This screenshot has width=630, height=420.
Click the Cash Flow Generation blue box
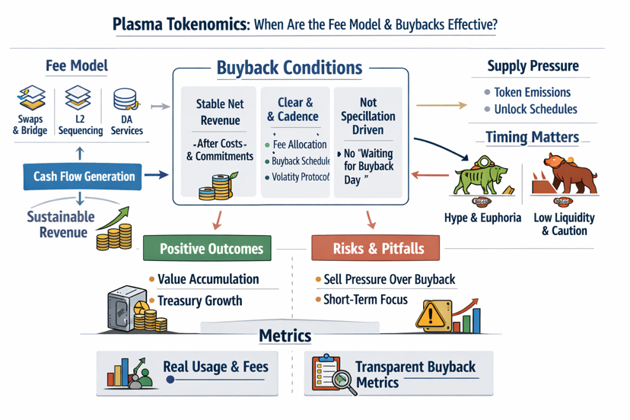point(84,177)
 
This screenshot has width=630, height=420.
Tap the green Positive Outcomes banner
point(211,249)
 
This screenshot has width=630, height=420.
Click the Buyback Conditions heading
point(289,68)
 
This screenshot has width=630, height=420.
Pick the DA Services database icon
point(125,100)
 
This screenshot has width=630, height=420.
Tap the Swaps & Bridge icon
point(31,100)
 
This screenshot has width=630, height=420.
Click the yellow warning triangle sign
point(430,316)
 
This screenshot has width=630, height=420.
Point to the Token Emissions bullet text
point(532,92)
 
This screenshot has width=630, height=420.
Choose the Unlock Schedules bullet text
point(535,109)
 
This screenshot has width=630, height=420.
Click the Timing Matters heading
point(533,138)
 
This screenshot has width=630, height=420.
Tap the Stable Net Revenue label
point(219,113)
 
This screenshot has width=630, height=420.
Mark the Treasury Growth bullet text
point(199,301)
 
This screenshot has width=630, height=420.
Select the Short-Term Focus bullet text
point(366,300)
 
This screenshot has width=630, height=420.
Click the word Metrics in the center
point(285,336)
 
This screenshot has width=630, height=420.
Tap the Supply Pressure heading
point(533,66)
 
